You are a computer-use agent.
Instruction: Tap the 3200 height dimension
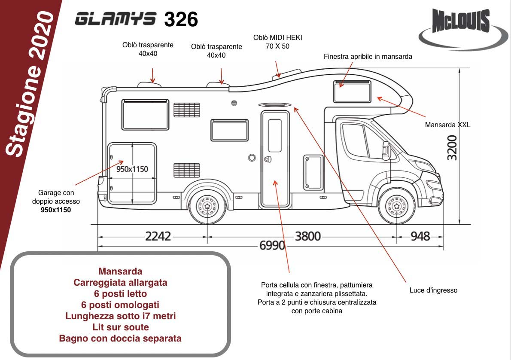pos(452,148)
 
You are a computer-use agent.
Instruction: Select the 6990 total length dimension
pos(272,245)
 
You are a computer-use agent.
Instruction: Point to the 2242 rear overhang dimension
pos(158,236)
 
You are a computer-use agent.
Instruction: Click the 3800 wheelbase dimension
pos(307,236)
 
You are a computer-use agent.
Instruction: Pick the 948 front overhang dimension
pos(419,236)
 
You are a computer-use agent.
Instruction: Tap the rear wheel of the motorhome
pos(207,206)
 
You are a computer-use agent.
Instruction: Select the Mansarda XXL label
pos(447,125)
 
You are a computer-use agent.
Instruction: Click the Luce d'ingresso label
pos(433,290)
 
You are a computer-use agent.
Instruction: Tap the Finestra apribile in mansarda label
pos(368,57)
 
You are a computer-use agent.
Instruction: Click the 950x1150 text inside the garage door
pos(132,169)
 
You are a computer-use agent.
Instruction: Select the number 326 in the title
pos(181,19)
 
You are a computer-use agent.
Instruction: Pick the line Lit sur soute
pos(121,327)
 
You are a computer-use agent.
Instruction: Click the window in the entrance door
pos(275,135)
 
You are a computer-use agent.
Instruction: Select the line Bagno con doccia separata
pos(120,339)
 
